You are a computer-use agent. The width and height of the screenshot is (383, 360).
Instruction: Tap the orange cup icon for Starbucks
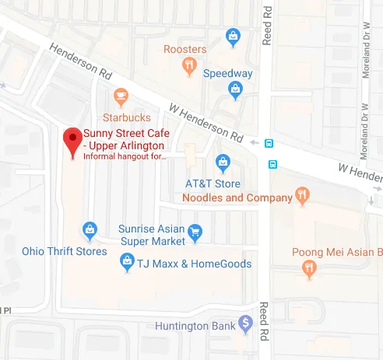point(120,96)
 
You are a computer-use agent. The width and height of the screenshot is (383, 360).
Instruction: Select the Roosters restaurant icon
point(188,68)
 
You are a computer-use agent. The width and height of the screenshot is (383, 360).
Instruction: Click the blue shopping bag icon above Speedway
point(232,36)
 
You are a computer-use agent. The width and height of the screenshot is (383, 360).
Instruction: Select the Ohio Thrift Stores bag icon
point(90,229)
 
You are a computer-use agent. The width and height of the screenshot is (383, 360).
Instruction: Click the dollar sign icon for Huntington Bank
point(246,322)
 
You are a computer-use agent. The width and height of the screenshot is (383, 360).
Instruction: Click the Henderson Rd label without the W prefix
point(81,59)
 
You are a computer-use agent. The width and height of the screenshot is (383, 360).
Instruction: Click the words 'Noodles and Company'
point(237,198)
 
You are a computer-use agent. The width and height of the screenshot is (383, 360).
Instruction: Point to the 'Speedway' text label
point(228,74)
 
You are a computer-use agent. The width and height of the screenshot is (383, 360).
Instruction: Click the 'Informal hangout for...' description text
point(125,156)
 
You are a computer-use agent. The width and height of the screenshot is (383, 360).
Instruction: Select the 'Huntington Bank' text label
point(195,326)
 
